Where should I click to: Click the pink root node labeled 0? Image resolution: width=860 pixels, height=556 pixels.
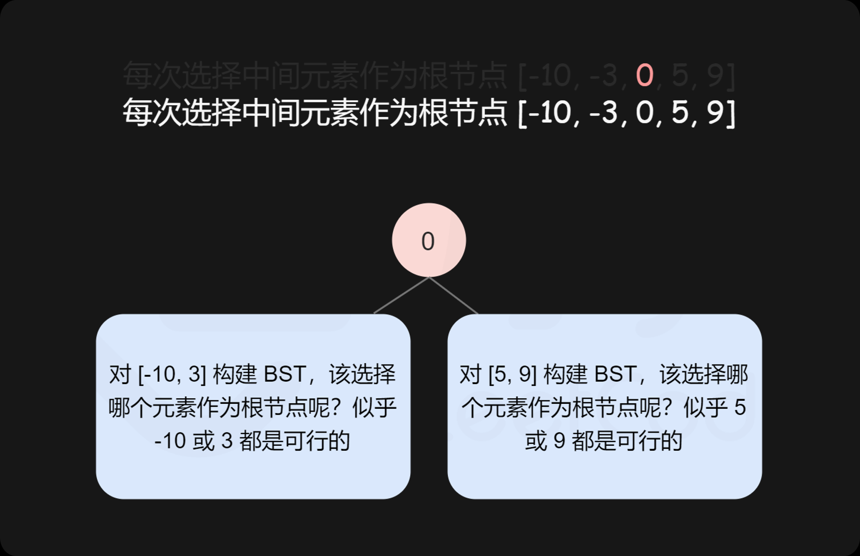[x=429, y=240]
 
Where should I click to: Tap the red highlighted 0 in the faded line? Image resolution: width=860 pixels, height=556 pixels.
[x=645, y=76]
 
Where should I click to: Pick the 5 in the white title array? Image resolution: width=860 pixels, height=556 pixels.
[x=680, y=112]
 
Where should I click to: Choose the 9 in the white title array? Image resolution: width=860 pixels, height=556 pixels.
[x=715, y=112]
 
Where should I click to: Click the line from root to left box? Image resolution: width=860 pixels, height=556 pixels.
[x=401, y=296]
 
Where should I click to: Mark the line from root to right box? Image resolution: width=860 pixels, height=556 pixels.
[x=454, y=296]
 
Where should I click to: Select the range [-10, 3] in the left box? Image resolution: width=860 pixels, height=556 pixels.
[x=172, y=374]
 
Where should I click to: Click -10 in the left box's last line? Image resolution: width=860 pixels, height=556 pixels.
[x=170, y=441]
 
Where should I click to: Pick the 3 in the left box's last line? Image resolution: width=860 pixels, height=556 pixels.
[x=227, y=441]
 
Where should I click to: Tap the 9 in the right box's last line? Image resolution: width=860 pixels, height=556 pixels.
[x=559, y=441]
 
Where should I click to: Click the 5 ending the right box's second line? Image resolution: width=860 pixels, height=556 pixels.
[x=740, y=408]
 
